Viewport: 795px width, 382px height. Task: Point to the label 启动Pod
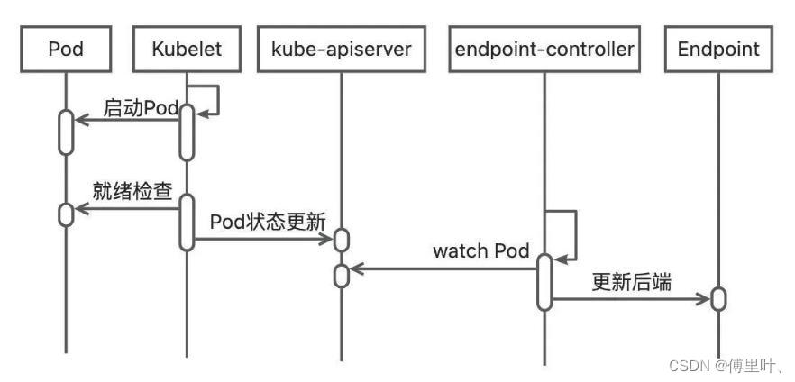[x=141, y=108]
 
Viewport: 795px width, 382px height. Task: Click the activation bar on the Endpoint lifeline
[x=718, y=298]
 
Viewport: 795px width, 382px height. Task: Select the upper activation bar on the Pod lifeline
[x=66, y=131]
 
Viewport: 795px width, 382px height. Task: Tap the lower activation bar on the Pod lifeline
[x=66, y=214]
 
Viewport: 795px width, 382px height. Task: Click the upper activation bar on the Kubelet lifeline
[x=186, y=131]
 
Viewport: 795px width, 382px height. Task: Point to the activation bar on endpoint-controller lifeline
[x=544, y=281]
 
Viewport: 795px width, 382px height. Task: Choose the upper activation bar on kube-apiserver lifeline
[x=342, y=240]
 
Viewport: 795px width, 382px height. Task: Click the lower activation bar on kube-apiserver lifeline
[x=342, y=275]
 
